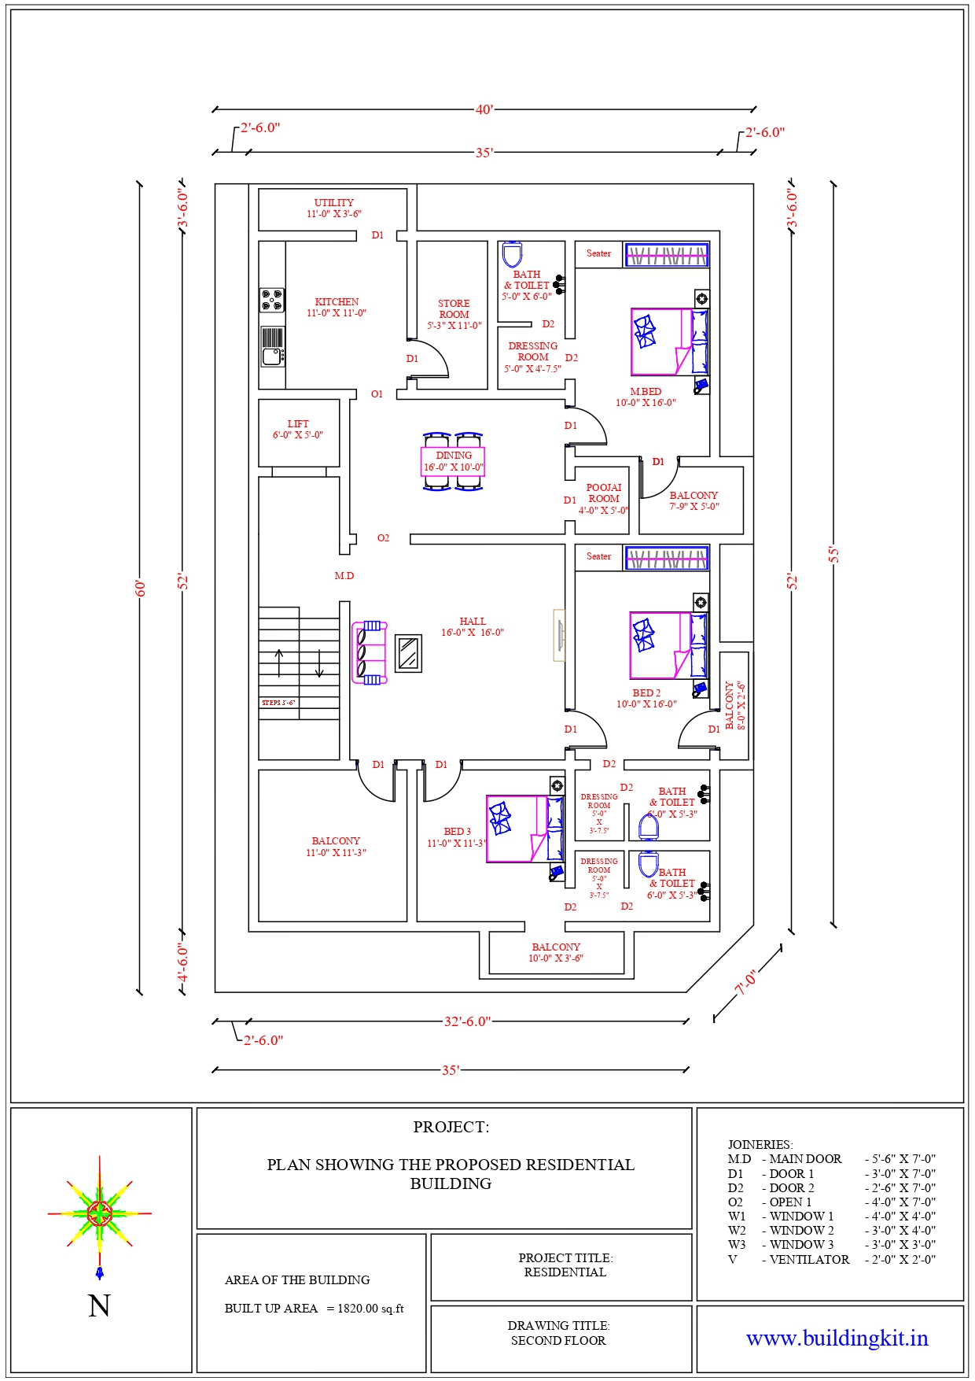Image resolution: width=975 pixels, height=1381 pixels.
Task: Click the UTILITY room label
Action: [x=334, y=203]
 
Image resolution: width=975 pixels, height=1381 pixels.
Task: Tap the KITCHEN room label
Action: [x=337, y=302]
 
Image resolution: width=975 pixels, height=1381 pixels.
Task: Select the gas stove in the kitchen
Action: [x=272, y=300]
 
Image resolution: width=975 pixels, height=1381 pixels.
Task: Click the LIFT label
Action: [x=298, y=424]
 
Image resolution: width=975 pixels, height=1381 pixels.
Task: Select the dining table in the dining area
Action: [x=453, y=461]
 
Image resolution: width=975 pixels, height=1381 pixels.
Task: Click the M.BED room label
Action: [x=646, y=392]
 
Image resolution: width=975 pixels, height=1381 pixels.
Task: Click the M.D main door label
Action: [x=344, y=576]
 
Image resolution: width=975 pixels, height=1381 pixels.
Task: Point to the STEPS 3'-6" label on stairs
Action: [x=278, y=703]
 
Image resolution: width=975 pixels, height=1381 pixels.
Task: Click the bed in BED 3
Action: [x=524, y=829]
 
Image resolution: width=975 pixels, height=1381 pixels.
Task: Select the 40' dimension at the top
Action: [x=484, y=109]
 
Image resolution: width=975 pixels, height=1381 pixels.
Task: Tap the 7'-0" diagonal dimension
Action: [x=746, y=982]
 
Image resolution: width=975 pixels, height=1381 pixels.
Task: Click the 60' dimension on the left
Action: [x=141, y=588]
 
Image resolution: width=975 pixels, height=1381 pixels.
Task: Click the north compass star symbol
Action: [x=100, y=1214]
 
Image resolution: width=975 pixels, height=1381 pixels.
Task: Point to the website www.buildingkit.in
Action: [x=837, y=1339]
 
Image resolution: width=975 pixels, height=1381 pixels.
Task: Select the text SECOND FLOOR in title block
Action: [x=558, y=1341]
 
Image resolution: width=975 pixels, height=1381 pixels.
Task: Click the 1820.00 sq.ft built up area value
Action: [x=370, y=1309]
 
